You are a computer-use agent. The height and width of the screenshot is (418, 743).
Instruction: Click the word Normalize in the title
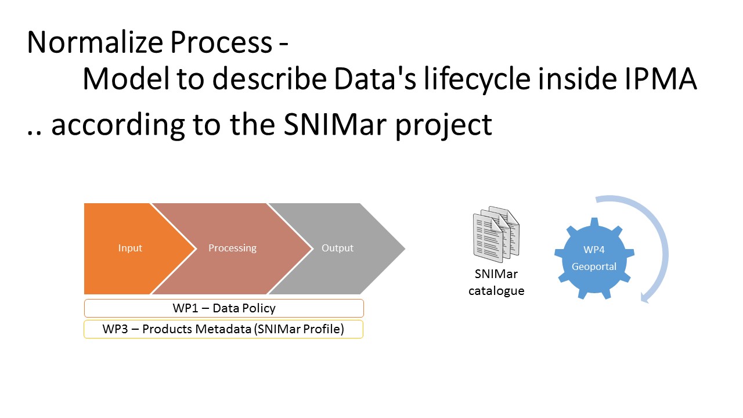(x=95, y=42)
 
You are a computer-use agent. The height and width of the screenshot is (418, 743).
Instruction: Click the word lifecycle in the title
(x=477, y=80)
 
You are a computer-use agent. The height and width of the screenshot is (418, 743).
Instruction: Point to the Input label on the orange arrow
(x=130, y=248)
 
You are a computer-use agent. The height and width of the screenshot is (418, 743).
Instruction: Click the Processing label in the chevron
(x=233, y=248)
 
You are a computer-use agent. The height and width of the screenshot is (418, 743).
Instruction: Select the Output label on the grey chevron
(x=337, y=248)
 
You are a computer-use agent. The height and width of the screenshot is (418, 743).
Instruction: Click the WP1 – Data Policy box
(x=224, y=308)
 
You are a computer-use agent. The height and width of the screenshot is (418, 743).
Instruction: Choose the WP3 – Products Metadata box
(x=223, y=329)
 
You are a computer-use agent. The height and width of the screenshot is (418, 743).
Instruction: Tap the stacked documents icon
(x=496, y=234)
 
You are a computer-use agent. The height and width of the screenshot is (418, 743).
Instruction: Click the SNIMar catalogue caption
(x=496, y=283)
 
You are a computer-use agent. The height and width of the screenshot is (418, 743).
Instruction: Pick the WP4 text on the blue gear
(x=594, y=250)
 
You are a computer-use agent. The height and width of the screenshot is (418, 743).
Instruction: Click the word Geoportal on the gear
(x=594, y=266)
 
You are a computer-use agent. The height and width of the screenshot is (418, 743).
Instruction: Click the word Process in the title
(x=221, y=42)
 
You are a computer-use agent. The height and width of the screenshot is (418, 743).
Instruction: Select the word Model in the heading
(x=126, y=78)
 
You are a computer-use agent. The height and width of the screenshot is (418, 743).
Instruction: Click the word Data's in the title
(x=375, y=78)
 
